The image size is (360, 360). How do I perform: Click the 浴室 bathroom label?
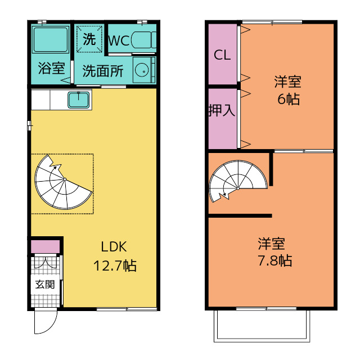pyautogui.click(x=51, y=68)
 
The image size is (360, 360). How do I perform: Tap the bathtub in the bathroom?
pyautogui.click(x=51, y=39)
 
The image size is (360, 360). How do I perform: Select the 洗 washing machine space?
pyautogui.click(x=89, y=39)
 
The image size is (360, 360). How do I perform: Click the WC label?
pyautogui.click(x=119, y=41)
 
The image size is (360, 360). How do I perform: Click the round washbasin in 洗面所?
pyautogui.click(x=142, y=70)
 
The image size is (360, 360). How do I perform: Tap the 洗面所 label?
pyautogui.click(x=103, y=71)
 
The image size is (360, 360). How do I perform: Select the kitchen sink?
pyautogui.click(x=79, y=100)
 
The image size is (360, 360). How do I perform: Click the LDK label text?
pyautogui.click(x=114, y=247)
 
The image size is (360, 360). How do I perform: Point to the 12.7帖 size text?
pyautogui.click(x=115, y=266)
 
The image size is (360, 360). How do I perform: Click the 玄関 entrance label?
pyautogui.click(x=45, y=285)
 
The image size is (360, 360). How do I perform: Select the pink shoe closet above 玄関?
pyautogui.click(x=45, y=247)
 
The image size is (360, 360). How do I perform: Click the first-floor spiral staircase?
pyautogui.click(x=64, y=182)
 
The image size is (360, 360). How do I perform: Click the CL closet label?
pyautogui.click(x=222, y=55)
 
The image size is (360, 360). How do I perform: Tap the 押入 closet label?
pyautogui.click(x=222, y=110)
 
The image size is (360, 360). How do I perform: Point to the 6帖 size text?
pyautogui.click(x=289, y=99)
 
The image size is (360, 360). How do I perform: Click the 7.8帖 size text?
pyautogui.click(x=275, y=260)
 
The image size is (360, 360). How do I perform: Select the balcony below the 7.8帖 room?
pyautogui.click(x=262, y=326)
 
